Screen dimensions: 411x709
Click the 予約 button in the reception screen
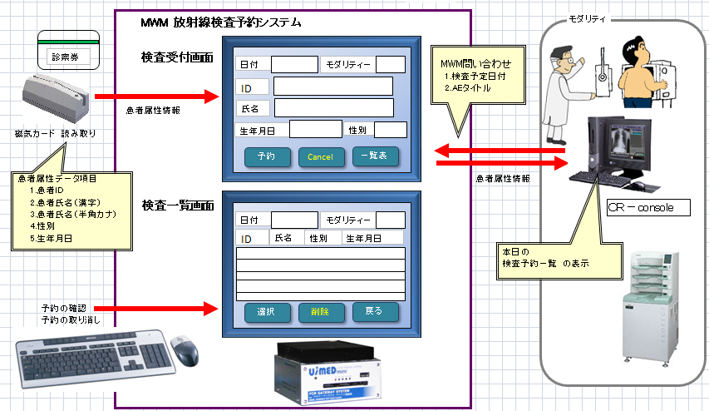266,156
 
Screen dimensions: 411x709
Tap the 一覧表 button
376,156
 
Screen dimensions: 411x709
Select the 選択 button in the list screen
266,312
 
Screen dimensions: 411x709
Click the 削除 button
321,313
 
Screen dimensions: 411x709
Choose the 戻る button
376,312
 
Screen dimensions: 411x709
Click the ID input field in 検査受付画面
332,87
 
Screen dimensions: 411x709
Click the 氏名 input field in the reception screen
332,107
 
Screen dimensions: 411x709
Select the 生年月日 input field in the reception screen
315,129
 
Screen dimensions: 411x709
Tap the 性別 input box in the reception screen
390,129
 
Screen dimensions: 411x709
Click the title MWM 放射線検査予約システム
220,22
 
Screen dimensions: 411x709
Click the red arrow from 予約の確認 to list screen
158,309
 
